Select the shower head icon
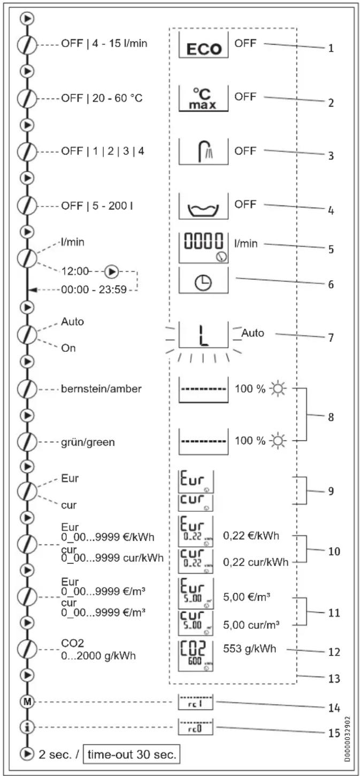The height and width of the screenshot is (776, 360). [x=203, y=152]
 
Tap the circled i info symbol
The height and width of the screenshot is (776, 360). [x=26, y=727]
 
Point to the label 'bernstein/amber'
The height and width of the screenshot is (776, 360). [x=102, y=389]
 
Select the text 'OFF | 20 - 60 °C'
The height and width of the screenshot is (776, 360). [x=102, y=98]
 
